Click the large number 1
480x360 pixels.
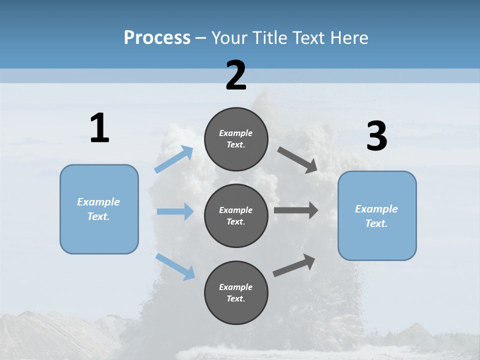click(x=99, y=128)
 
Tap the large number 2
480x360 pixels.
click(x=236, y=75)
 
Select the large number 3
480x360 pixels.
click(x=376, y=136)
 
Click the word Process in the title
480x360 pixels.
click(x=157, y=37)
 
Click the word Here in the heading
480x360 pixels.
click(x=349, y=37)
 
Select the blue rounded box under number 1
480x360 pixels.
click(x=99, y=209)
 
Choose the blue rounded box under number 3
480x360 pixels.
click(x=377, y=215)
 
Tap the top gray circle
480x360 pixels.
click(x=236, y=139)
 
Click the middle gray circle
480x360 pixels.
click(x=236, y=215)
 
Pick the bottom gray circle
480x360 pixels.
click(x=236, y=292)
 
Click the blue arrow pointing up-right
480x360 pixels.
click(x=174, y=159)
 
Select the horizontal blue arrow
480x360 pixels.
click(x=175, y=211)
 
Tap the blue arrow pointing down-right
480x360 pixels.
click(x=175, y=266)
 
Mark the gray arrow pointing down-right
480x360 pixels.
click(x=297, y=160)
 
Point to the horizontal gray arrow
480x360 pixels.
click(x=296, y=210)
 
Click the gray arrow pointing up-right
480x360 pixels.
click(x=294, y=265)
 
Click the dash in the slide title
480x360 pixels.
click(x=201, y=38)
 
